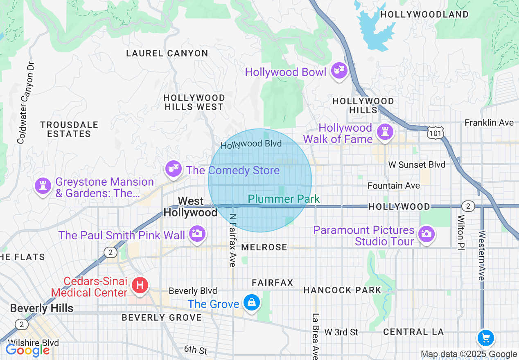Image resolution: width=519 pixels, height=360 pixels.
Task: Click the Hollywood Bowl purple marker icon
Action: pos(339,71)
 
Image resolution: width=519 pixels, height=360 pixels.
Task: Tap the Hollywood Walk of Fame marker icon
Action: pos(385,132)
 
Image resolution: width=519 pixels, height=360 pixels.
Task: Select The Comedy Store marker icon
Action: pos(174,168)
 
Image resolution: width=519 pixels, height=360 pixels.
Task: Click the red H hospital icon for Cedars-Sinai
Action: pos(140,285)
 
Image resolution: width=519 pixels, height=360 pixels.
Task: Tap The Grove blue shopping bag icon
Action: pos(251,303)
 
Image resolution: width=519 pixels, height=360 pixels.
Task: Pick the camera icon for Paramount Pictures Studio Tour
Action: pos(426,234)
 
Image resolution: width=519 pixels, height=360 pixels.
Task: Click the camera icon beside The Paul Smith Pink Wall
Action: pos(197,234)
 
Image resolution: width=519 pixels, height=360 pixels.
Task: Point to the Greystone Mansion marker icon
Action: pos(43,186)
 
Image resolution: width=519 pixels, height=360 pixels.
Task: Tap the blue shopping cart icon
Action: pos(486,338)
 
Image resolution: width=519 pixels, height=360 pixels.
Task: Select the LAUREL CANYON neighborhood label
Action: pos(167,53)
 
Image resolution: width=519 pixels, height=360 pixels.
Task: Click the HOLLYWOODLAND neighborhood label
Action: pos(424,15)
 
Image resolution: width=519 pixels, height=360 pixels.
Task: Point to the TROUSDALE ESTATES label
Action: pos(69,129)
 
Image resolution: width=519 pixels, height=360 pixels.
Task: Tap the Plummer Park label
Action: pos(284,199)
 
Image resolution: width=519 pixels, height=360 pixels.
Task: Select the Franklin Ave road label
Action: pos(489,123)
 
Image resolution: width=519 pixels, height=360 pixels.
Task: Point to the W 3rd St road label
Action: pos(341,332)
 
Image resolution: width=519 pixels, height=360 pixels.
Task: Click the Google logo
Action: pos(27,350)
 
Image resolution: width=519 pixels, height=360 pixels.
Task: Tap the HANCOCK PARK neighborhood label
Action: pos(342,290)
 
